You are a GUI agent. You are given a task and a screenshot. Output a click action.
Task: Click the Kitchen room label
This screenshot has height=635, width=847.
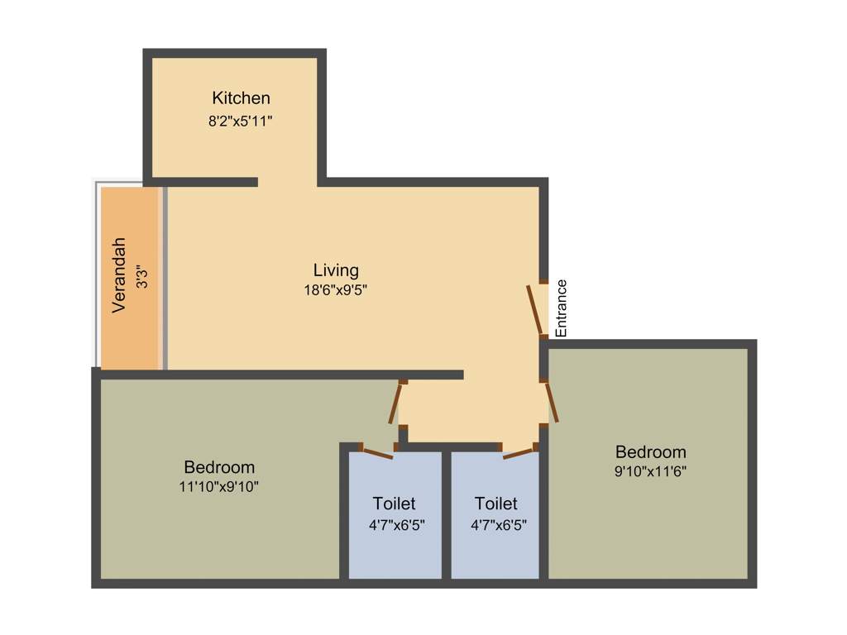click(241, 98)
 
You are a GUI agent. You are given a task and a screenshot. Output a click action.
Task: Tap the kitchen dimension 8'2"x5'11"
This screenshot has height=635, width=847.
click(241, 121)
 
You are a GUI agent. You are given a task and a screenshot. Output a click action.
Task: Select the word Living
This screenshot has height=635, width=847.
click(336, 270)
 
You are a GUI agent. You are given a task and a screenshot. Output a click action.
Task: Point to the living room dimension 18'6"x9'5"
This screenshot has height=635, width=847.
click(336, 290)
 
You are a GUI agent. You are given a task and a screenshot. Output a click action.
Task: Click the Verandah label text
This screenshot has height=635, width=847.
click(120, 275)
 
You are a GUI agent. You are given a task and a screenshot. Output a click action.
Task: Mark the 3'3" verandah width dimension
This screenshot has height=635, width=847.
click(142, 275)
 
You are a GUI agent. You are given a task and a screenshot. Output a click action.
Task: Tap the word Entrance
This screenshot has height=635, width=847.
click(562, 308)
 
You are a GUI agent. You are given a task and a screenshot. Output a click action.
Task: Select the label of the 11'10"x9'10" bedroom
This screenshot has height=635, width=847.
click(219, 467)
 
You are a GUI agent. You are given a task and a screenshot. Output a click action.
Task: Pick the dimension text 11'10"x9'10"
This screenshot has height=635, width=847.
click(219, 487)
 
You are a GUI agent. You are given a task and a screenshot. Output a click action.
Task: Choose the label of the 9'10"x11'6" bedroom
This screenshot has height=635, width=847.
click(651, 452)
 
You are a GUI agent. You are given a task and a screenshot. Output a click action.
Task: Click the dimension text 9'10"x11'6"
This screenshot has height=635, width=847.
click(651, 471)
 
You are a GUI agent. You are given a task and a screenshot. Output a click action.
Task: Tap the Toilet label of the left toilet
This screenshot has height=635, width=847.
click(395, 504)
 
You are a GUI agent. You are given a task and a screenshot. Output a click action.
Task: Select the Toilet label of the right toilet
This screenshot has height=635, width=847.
click(496, 504)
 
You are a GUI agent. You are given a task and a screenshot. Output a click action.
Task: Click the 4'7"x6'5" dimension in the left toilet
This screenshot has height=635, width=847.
click(397, 524)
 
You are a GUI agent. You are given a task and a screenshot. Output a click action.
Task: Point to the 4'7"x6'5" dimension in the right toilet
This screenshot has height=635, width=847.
click(499, 524)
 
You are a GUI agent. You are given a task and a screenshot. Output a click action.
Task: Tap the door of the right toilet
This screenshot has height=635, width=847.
click(518, 452)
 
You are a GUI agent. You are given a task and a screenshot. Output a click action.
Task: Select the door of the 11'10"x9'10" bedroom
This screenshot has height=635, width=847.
click(395, 404)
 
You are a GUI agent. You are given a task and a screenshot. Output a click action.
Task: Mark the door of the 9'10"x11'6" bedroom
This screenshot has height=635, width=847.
click(551, 402)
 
